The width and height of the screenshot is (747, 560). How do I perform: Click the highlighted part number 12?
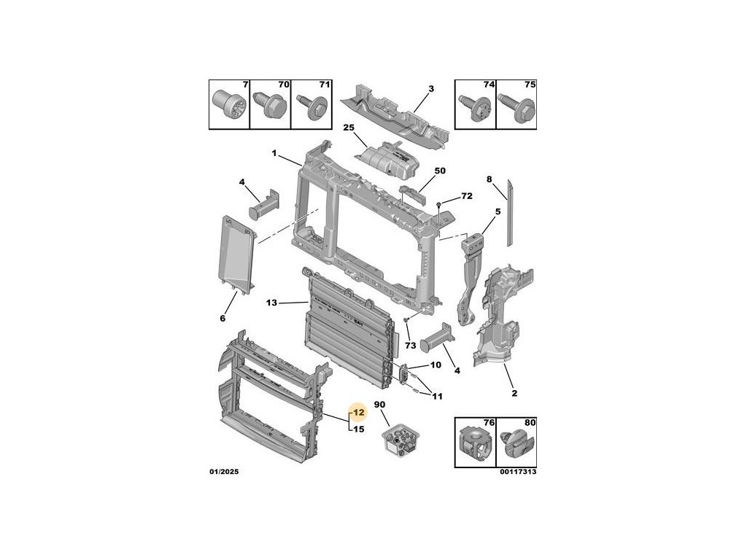tap(358, 413)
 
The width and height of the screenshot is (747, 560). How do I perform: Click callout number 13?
tap(272, 303)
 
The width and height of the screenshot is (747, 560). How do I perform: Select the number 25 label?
tap(349, 128)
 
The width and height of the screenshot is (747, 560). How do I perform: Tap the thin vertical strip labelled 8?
tap(511, 211)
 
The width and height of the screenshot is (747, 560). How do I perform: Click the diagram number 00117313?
tap(517, 472)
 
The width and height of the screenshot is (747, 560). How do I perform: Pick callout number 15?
tap(358, 429)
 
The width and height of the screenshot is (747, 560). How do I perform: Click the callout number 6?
tap(222, 318)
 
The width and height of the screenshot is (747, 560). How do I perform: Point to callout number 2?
tap(514, 394)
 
